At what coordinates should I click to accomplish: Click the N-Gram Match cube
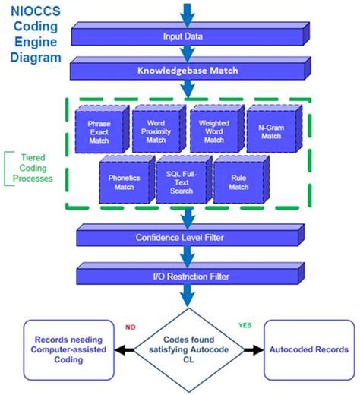tap(270, 130)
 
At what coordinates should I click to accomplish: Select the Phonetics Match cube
tap(124, 182)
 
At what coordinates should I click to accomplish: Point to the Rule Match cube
tap(238, 182)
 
